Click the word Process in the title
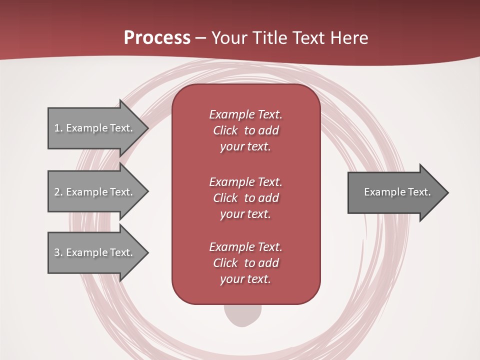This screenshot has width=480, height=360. coord(157,38)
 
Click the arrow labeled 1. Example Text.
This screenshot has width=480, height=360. coord(95,128)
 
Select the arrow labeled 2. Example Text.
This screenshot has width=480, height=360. coord(95,192)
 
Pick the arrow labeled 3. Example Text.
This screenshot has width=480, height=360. coord(95,252)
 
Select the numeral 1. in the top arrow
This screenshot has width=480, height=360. coord(58,128)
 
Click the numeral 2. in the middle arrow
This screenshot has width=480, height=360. coord(58,192)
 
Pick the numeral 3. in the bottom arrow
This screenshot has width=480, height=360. coord(58,252)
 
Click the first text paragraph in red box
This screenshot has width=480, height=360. coord(245,130)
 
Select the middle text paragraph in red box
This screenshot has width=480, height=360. coord(245,198)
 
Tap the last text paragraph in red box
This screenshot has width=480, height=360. coord(245,263)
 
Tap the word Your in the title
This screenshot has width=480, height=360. coord(228,38)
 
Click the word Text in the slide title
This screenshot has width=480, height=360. coord(308,38)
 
